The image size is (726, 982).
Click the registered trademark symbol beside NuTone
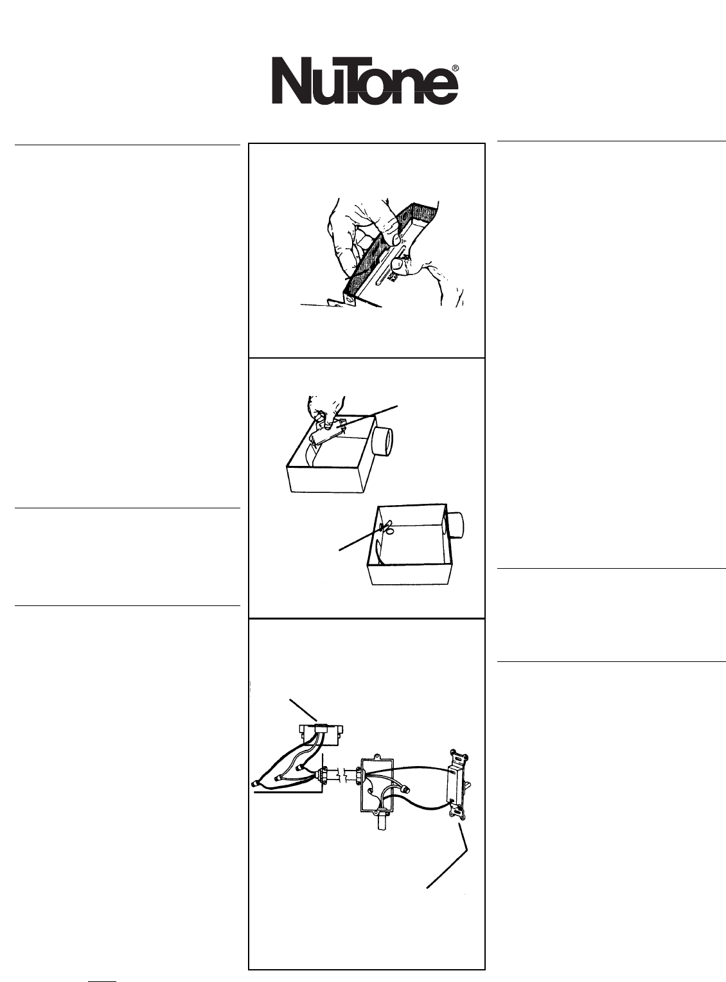coord(454,69)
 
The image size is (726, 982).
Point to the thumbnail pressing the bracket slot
coord(398,265)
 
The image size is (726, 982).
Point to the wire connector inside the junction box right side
coord(405,789)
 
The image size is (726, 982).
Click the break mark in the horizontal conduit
coord(343,787)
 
